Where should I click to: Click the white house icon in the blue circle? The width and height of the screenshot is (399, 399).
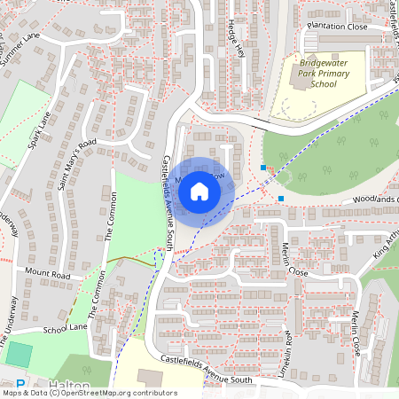click(x=199, y=191)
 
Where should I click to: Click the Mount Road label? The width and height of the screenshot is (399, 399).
click(x=47, y=275)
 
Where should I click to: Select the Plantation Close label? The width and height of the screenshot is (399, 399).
click(x=337, y=27)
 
